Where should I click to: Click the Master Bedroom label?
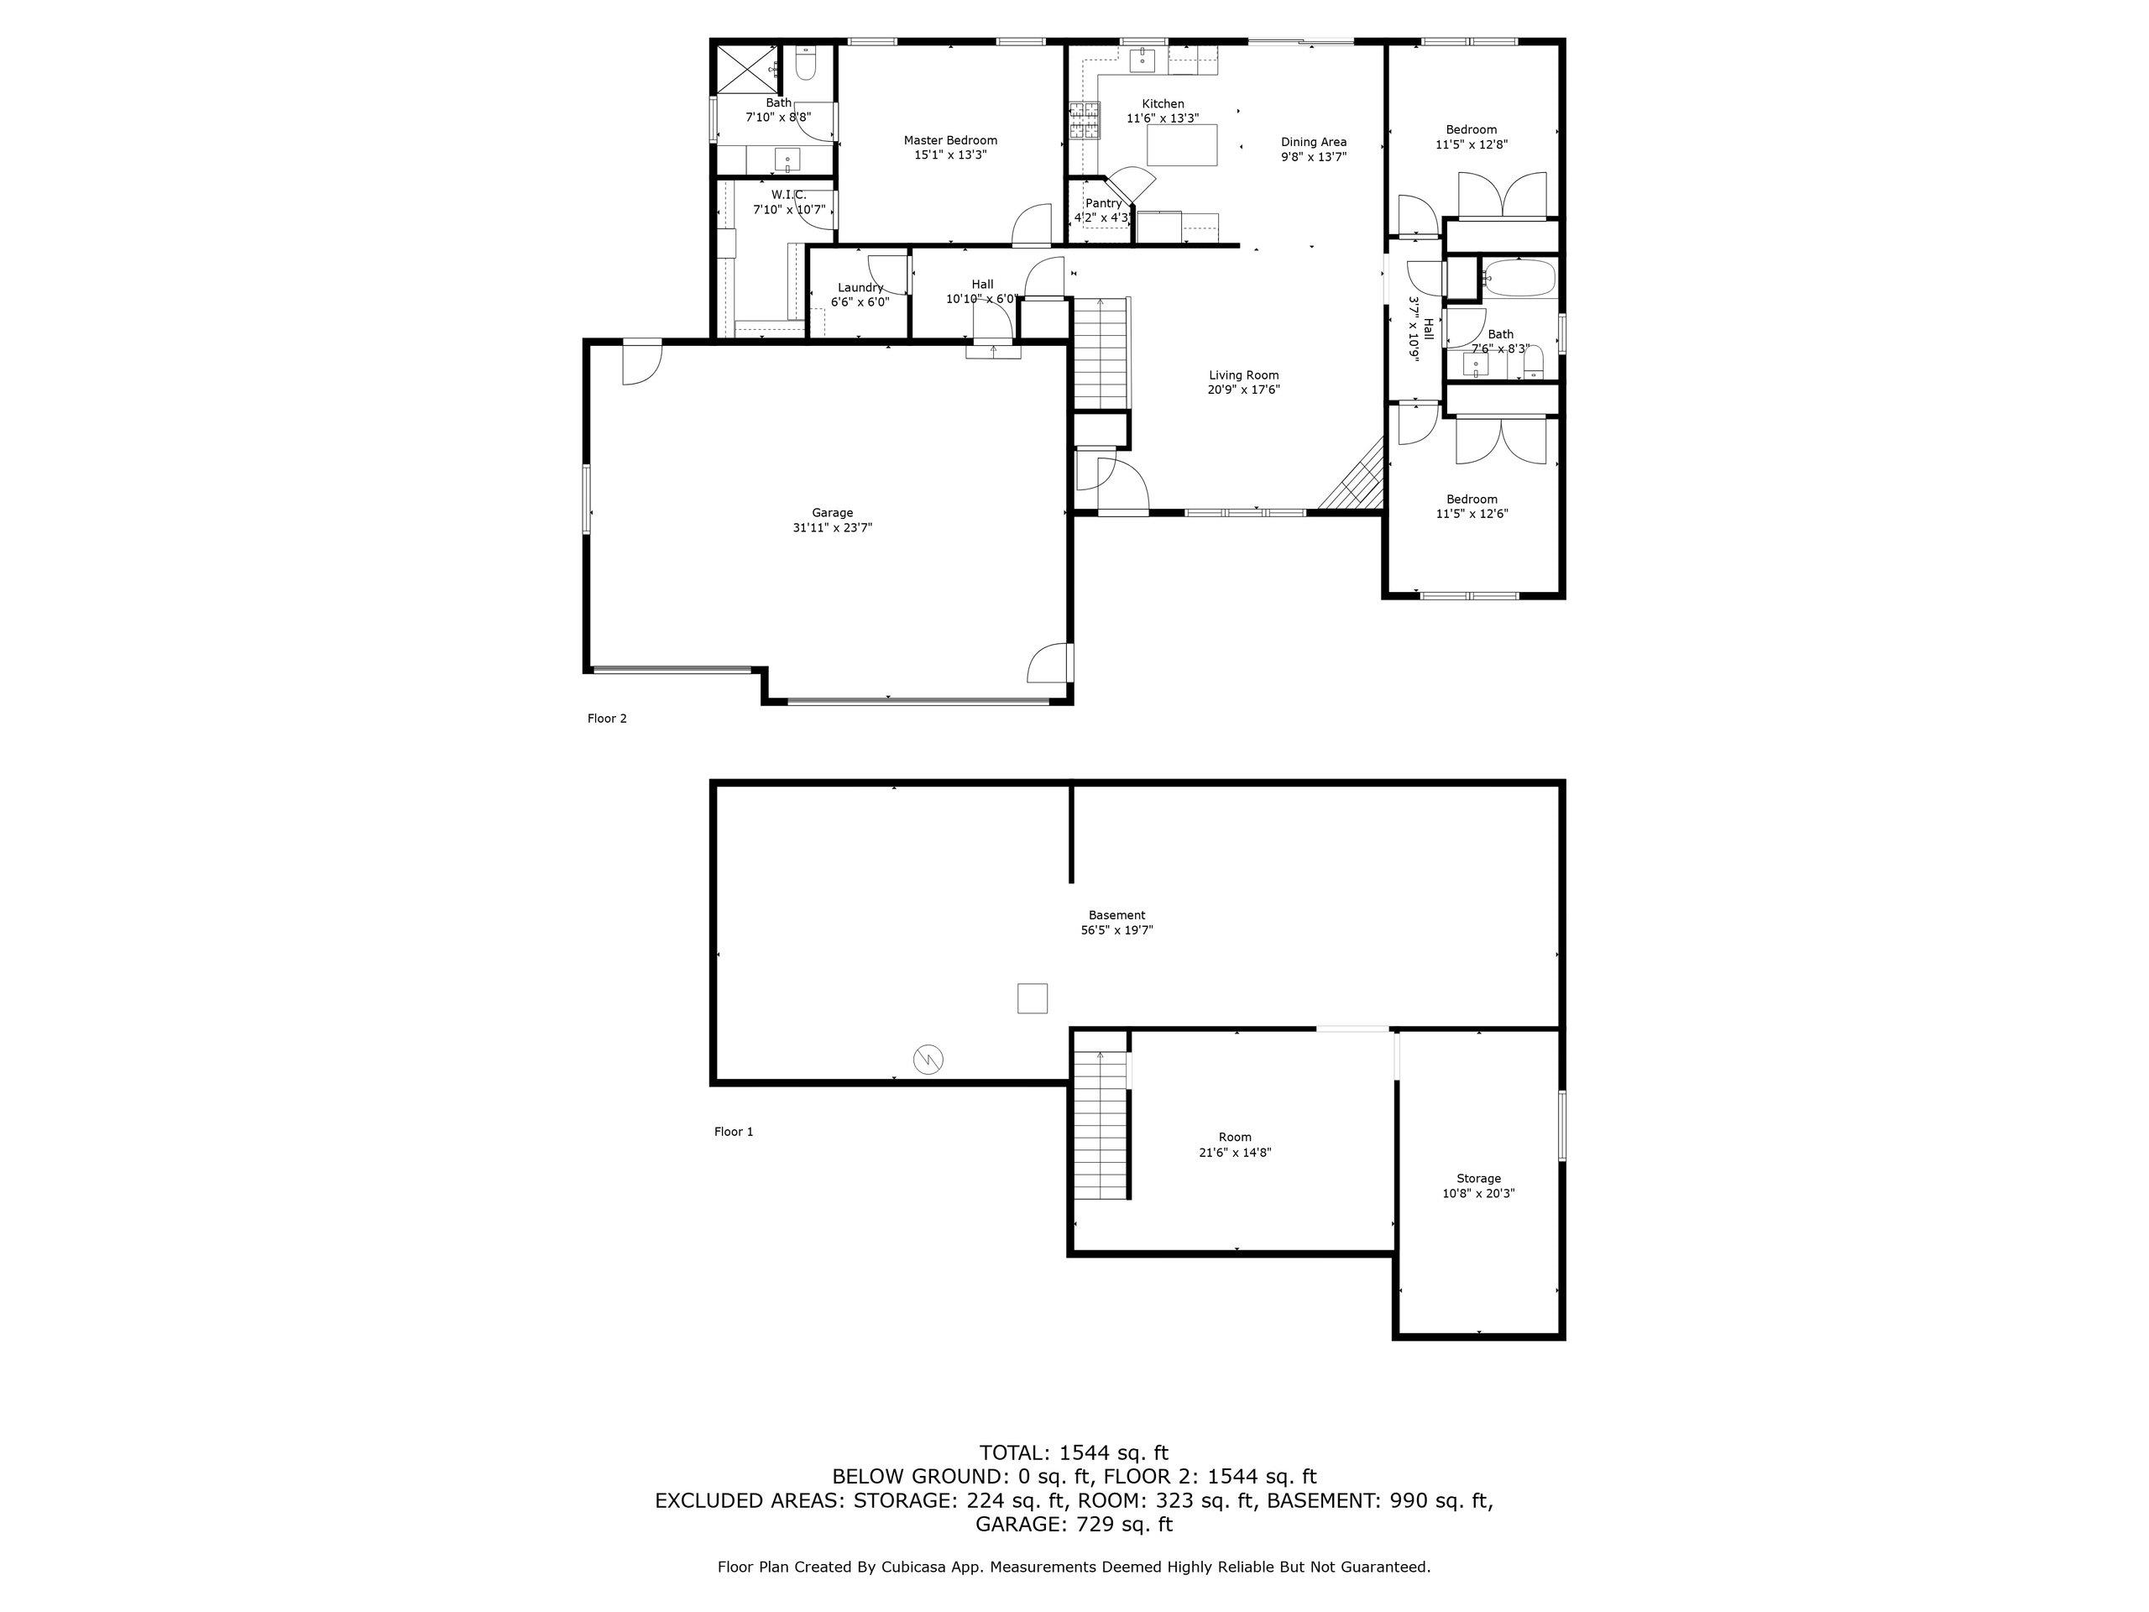coord(950,140)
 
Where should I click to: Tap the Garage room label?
coord(833,513)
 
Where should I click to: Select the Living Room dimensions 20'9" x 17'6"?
coord(1243,390)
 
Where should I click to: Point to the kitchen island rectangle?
coord(1181,144)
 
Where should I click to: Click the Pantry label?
coord(1104,203)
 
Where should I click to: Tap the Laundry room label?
coord(860,288)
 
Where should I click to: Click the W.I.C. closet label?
coord(789,194)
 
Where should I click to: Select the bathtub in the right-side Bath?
coord(1519,278)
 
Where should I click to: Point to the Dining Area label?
coord(1314,142)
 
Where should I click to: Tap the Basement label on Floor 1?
coord(1117,915)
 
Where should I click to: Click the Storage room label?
coord(1478,1179)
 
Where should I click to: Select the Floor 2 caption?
coord(607,719)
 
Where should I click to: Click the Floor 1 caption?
coord(734,1132)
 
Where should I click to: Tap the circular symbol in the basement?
coord(928,1059)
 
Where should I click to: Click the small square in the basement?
coord(1033,999)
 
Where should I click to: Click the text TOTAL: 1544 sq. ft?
coord(1074,1453)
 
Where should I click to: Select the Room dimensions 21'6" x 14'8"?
coord(1235,1154)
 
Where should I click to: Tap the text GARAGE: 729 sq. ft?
coord(1074,1525)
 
